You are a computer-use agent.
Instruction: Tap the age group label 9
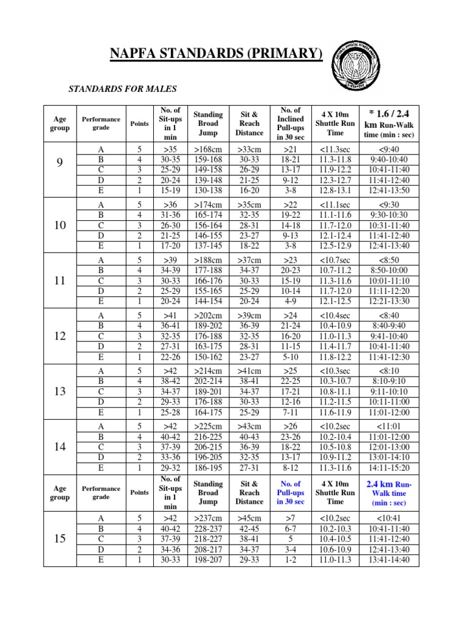[60, 163]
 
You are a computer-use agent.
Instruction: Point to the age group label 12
[60, 336]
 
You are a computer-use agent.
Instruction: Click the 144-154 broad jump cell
[208, 301]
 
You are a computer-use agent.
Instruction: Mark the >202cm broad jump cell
[208, 316]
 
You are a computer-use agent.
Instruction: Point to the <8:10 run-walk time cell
[389, 371]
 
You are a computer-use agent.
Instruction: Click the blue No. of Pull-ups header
[290, 493]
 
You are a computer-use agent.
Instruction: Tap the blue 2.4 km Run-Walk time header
[389, 493]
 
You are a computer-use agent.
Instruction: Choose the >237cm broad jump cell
[208, 518]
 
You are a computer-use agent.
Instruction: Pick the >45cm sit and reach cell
[249, 518]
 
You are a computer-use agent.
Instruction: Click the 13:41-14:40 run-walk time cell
[389, 560]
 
